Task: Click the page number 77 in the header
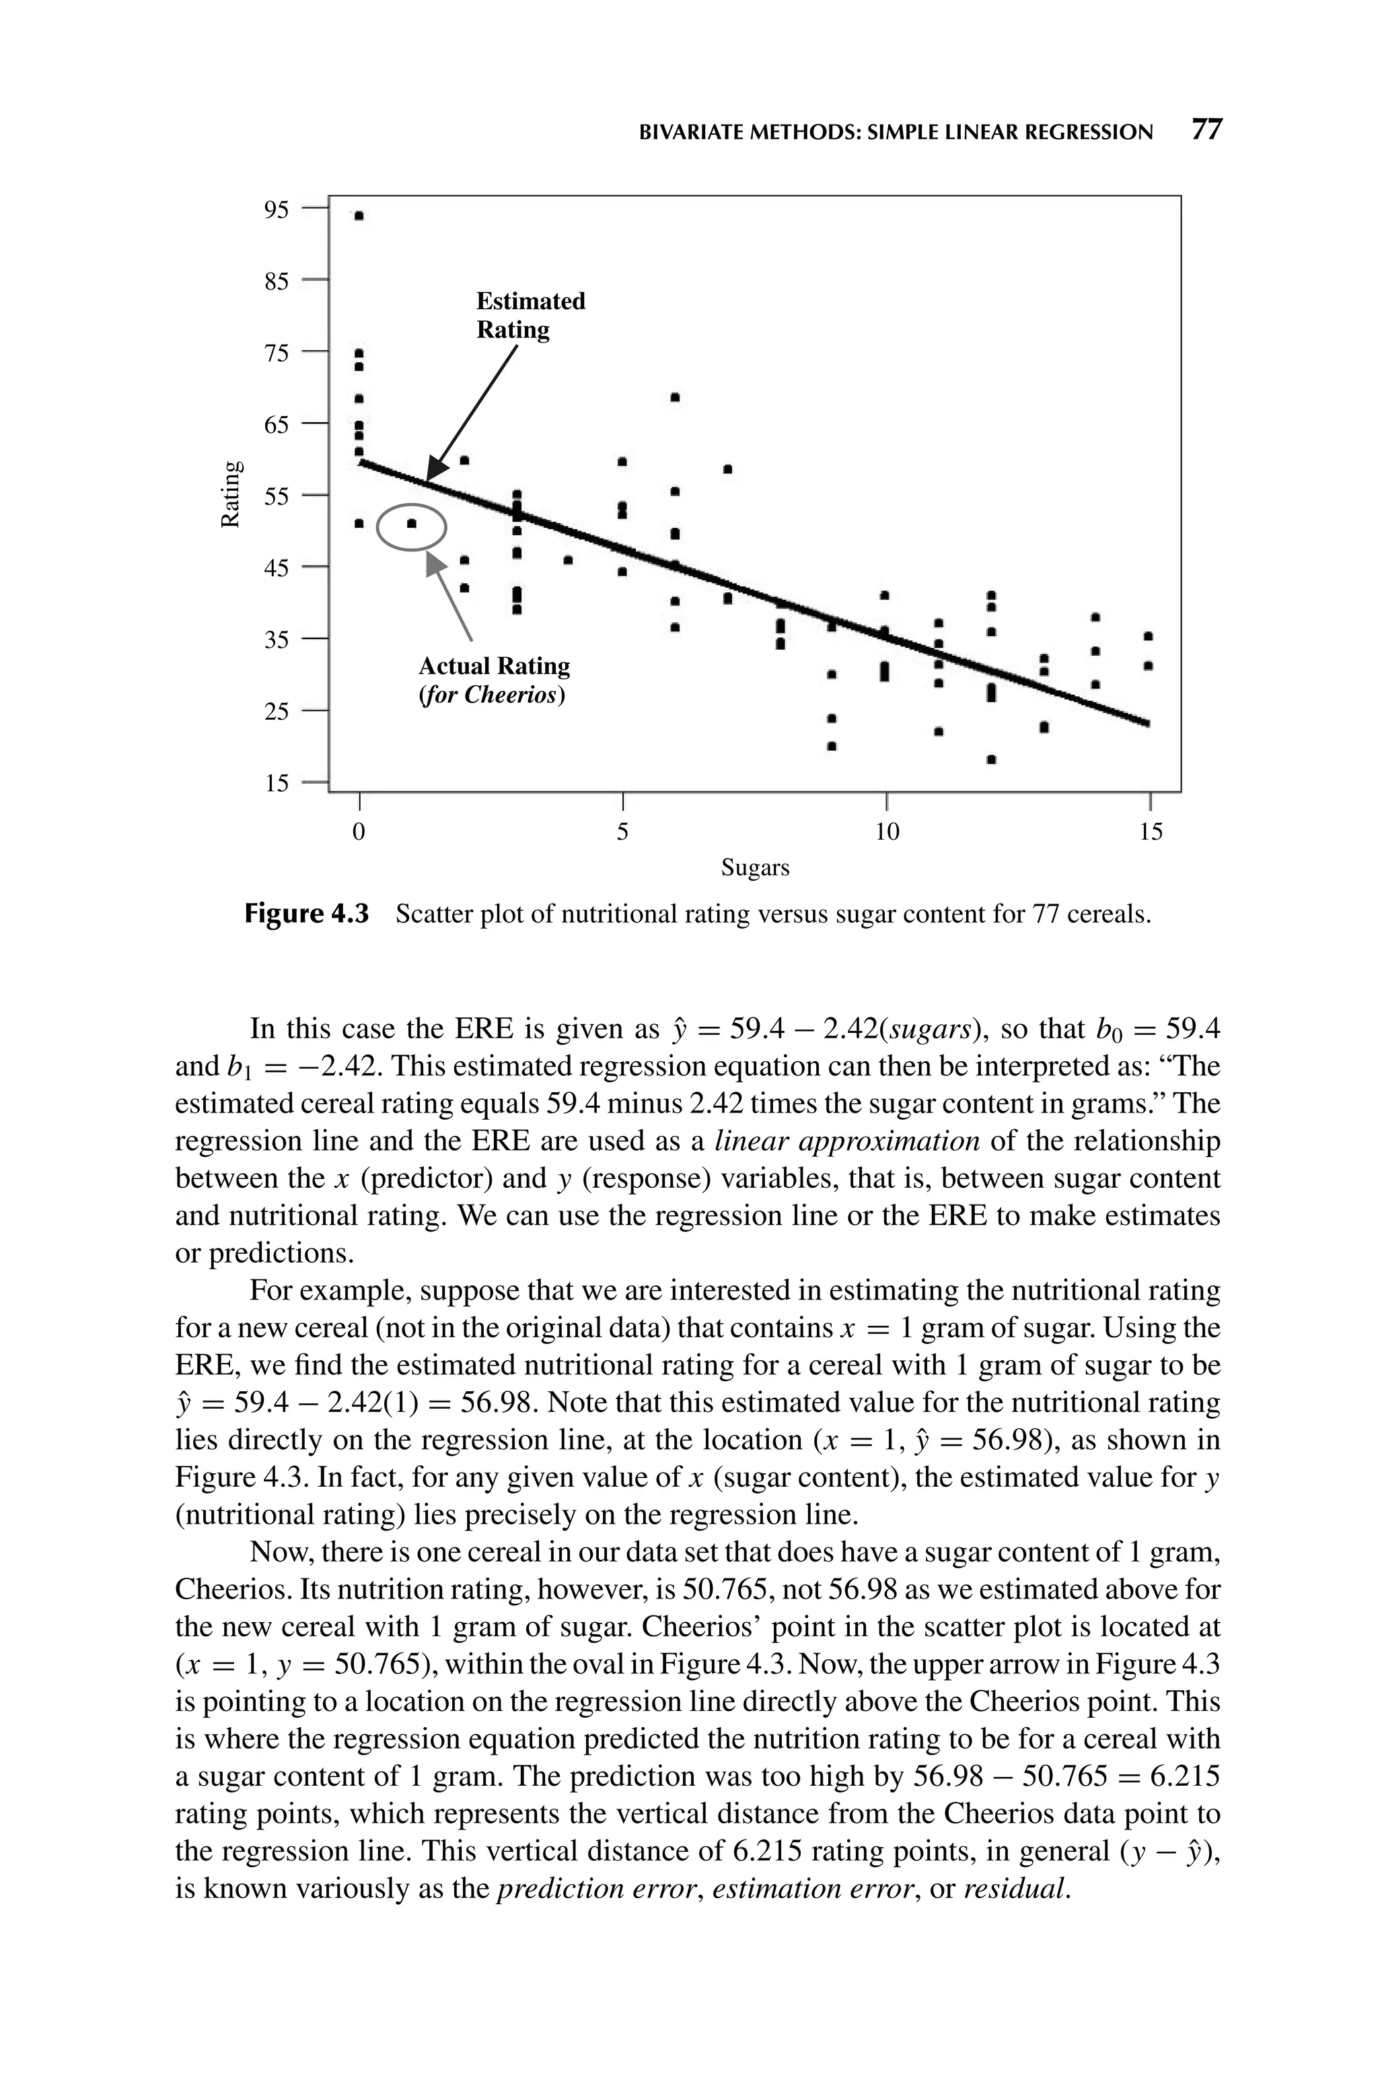tap(1206, 130)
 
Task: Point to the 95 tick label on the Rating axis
tap(276, 209)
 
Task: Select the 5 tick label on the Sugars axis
tap(622, 831)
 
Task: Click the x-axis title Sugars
tap(755, 868)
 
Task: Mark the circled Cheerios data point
tap(411, 524)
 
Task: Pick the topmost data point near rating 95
tap(359, 215)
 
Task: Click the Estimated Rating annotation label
tap(530, 314)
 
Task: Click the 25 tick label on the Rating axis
tap(276, 710)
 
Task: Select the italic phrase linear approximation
tap(847, 1141)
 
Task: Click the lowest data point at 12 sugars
tap(991, 759)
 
